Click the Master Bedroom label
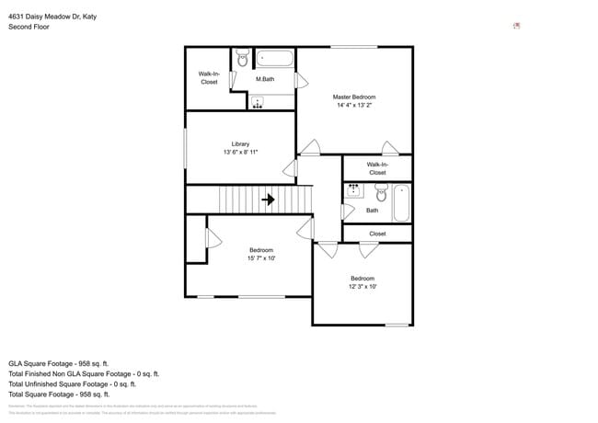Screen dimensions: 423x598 (x=353, y=97)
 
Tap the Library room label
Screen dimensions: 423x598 (x=240, y=143)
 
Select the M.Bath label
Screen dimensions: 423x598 (x=265, y=79)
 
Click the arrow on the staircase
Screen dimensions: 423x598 (x=269, y=199)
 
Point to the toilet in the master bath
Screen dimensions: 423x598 (x=243, y=58)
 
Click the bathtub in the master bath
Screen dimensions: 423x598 (x=274, y=59)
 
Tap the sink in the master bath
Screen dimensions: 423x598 (x=258, y=102)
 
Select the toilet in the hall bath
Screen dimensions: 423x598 (x=381, y=193)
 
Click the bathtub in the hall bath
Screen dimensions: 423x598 (x=401, y=203)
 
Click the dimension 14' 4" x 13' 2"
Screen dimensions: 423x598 (x=353, y=106)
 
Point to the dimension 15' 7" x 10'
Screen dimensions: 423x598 (x=260, y=258)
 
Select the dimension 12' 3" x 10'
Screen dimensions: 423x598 (x=362, y=287)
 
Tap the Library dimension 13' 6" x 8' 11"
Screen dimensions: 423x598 (x=240, y=153)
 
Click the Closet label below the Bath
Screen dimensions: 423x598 (x=377, y=234)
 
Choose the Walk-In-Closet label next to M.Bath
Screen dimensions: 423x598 (x=209, y=78)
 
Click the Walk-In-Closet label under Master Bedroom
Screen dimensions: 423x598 (x=377, y=168)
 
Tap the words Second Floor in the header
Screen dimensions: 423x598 (x=29, y=27)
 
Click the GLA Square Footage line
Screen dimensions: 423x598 (x=59, y=363)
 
